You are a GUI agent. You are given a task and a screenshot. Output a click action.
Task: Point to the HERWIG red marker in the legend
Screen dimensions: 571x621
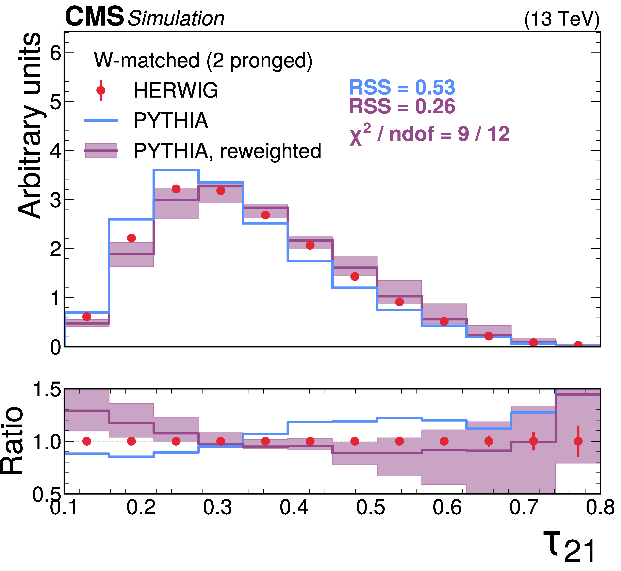click(x=101, y=90)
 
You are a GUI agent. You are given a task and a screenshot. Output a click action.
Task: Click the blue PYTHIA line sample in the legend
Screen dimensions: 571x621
click(x=101, y=120)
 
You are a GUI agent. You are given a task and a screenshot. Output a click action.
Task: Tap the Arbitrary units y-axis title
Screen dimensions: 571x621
click(x=29, y=125)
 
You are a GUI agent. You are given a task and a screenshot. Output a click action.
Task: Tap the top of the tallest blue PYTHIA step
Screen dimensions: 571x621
click(x=176, y=170)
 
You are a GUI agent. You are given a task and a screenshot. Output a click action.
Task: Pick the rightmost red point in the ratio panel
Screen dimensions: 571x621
click(x=578, y=441)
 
